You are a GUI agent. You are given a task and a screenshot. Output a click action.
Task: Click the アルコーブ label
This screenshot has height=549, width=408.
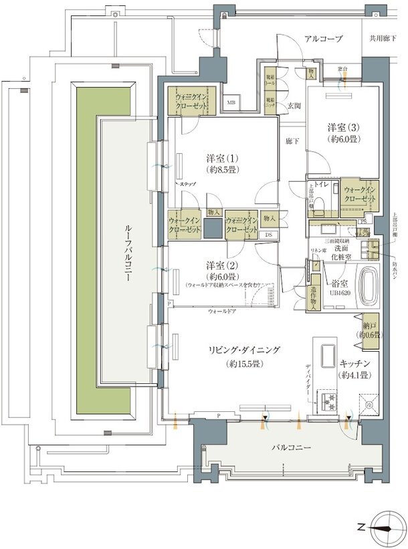click(x=323, y=39)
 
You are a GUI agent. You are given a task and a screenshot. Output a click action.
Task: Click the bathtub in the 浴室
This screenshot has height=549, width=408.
click(x=368, y=285)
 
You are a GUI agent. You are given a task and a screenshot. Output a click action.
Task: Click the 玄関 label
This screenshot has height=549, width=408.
click(x=294, y=106)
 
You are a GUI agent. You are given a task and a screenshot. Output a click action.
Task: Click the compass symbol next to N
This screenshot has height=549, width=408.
click(x=386, y=526)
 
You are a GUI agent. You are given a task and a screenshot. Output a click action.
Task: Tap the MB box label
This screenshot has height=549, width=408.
click(x=231, y=103)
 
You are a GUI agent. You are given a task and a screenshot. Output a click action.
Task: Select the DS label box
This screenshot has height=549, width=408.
click(x=269, y=234)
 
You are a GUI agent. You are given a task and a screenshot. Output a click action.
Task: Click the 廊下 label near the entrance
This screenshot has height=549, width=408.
click(x=291, y=141)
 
